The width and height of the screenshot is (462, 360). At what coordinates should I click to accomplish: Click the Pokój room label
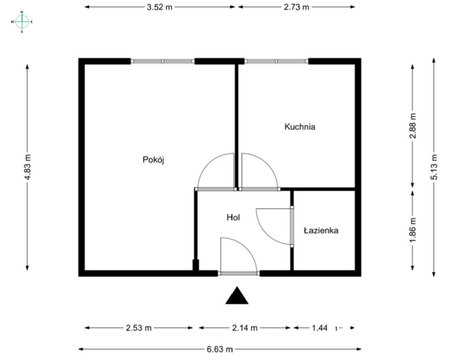(x=154, y=160)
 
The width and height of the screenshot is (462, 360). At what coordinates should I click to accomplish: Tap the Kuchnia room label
(x=300, y=127)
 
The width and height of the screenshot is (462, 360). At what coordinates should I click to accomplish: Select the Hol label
(x=233, y=217)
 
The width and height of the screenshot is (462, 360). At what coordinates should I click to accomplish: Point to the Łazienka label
(x=321, y=230)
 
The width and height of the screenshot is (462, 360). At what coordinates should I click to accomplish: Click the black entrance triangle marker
(x=237, y=296)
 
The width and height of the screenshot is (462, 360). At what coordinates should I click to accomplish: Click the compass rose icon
(x=22, y=22)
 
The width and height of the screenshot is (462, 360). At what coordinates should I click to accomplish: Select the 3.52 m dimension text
(x=160, y=7)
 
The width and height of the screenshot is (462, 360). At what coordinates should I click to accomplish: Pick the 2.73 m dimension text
(x=296, y=7)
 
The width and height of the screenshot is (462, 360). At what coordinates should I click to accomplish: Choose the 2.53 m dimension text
(x=139, y=328)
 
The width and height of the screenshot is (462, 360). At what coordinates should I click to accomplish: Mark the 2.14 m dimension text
(x=245, y=328)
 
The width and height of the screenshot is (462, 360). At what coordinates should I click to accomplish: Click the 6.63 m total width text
(x=220, y=349)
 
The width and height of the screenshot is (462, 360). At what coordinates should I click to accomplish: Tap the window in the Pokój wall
(x=162, y=61)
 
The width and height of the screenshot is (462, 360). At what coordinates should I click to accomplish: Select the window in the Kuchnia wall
(x=277, y=61)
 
